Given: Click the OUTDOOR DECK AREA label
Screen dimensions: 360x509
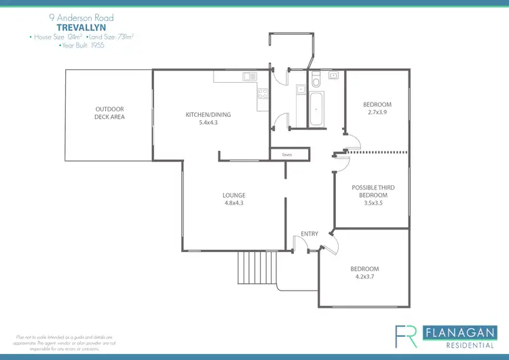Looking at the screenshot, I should (109, 113).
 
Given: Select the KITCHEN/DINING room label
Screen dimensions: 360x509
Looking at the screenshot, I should (208, 115).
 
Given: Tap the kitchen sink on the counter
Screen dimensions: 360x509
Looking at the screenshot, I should (248, 77).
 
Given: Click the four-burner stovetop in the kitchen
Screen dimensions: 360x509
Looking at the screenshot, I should (263, 99).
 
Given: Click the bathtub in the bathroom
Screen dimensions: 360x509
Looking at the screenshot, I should (317, 111).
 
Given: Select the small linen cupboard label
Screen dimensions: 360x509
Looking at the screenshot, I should (286, 156).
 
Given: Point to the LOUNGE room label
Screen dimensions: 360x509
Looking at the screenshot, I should (233, 196).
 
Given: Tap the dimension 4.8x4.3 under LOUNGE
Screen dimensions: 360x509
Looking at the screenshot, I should (233, 203).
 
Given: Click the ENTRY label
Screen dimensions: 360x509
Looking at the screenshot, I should (309, 234).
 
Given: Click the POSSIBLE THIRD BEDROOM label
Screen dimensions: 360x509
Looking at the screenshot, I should (373, 192).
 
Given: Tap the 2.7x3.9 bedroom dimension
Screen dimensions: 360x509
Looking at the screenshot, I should (377, 112).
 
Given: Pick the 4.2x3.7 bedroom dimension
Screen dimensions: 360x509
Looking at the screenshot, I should (364, 276).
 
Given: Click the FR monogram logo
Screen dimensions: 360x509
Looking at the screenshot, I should (407, 336).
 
